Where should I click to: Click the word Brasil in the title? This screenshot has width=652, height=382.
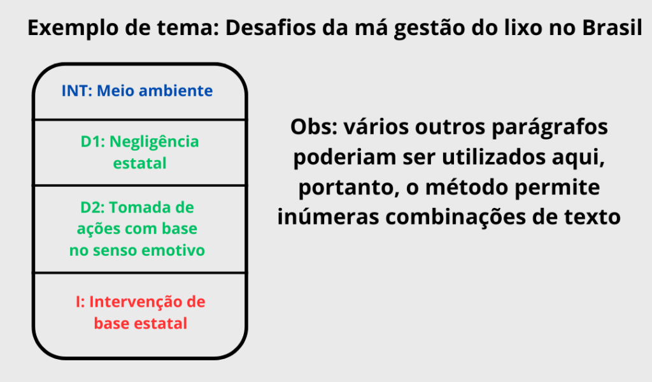point(612,28)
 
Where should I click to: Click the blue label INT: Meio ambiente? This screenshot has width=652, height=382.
point(138,91)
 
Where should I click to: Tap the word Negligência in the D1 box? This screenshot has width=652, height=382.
point(154,142)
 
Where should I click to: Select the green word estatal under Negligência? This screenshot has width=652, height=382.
point(139,163)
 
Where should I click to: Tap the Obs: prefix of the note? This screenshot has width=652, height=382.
point(314,127)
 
